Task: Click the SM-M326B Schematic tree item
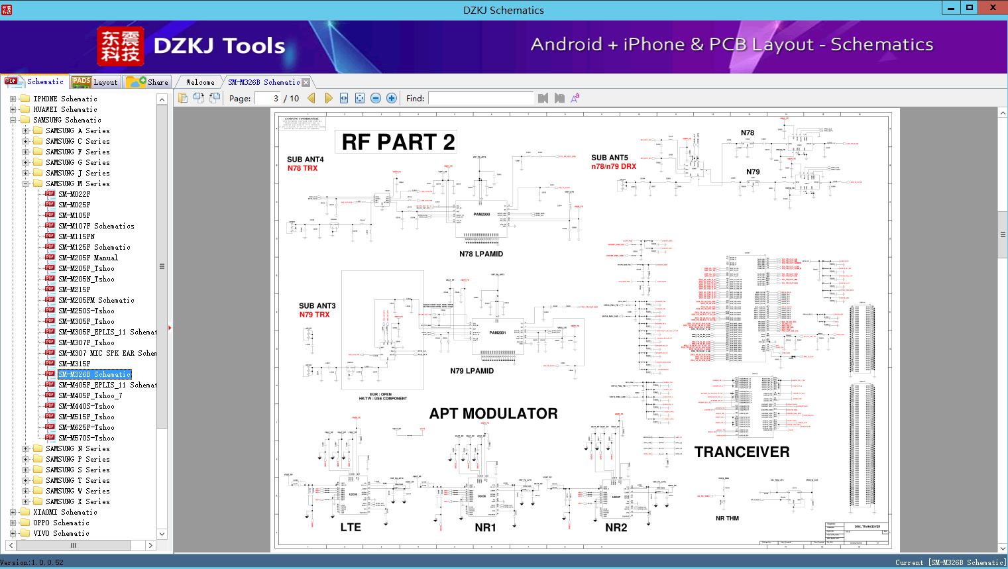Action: click(94, 374)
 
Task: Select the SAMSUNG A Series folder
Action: click(78, 130)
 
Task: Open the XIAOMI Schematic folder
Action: click(65, 512)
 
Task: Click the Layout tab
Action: click(95, 82)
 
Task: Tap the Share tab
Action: click(148, 82)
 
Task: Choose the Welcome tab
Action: click(200, 82)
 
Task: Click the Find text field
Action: click(480, 98)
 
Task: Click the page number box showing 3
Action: click(268, 98)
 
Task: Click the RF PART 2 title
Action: click(398, 142)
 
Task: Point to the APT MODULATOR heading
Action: click(493, 413)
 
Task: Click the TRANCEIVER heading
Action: click(742, 452)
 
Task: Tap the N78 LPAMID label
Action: click(481, 254)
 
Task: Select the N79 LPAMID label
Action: click(472, 371)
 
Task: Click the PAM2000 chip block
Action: click(482, 215)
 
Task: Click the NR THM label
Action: click(727, 518)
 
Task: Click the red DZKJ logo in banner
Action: click(121, 46)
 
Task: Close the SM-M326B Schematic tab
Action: click(306, 83)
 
